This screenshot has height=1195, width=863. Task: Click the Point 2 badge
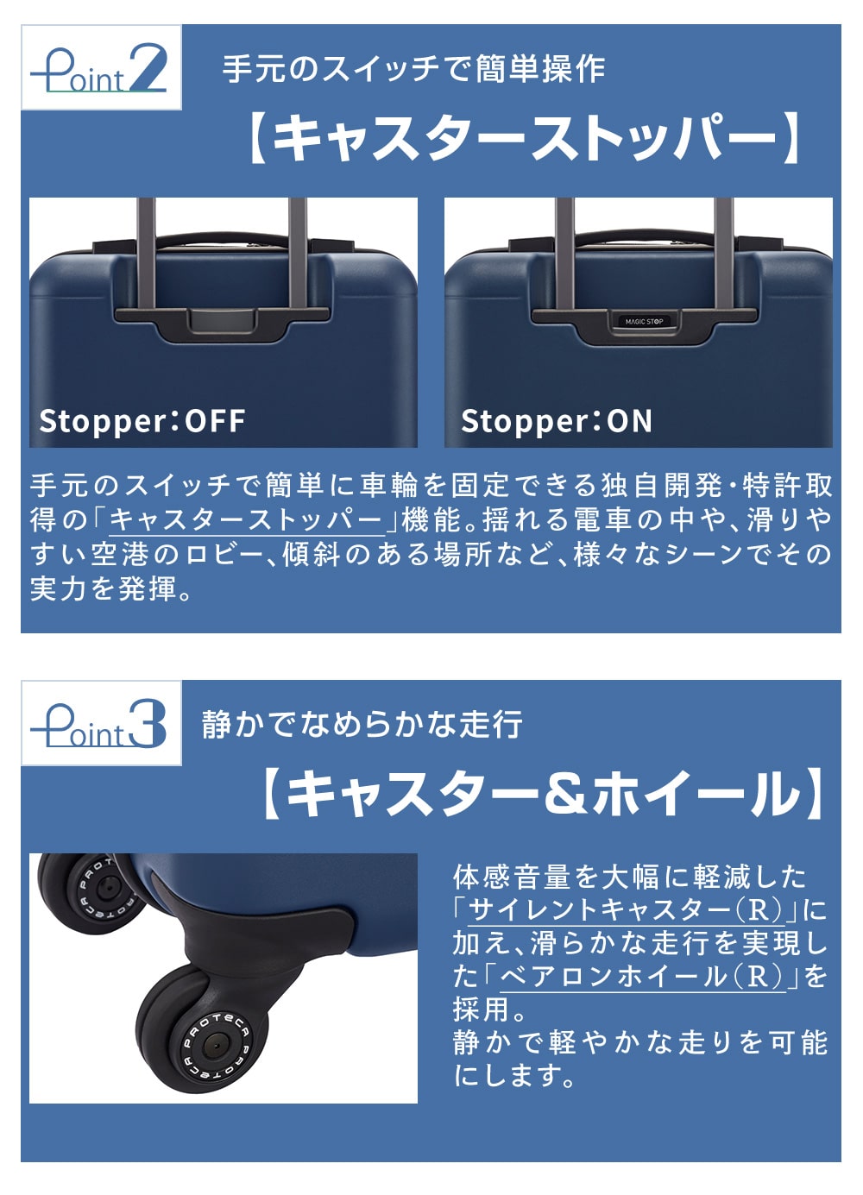tap(101, 67)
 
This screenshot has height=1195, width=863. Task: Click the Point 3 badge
tap(101, 723)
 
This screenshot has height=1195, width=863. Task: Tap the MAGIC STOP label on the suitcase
tap(644, 321)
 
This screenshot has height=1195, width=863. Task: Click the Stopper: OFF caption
tap(142, 421)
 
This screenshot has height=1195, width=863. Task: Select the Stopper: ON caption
tap(557, 421)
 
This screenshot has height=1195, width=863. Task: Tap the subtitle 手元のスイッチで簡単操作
tap(414, 69)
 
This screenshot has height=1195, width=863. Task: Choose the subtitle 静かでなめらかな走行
tap(362, 725)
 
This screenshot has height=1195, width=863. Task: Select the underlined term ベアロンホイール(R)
tap(642, 978)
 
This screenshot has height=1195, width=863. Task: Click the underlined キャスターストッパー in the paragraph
tap(247, 519)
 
